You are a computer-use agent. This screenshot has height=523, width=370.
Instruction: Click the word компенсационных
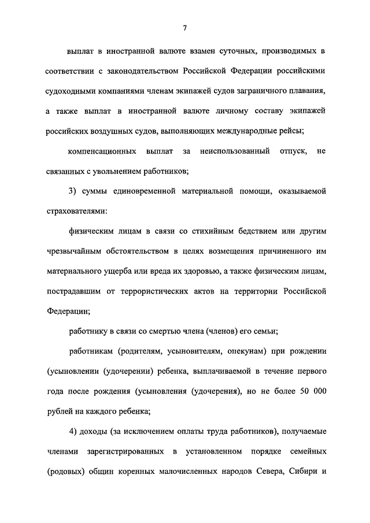[x=99, y=151]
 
